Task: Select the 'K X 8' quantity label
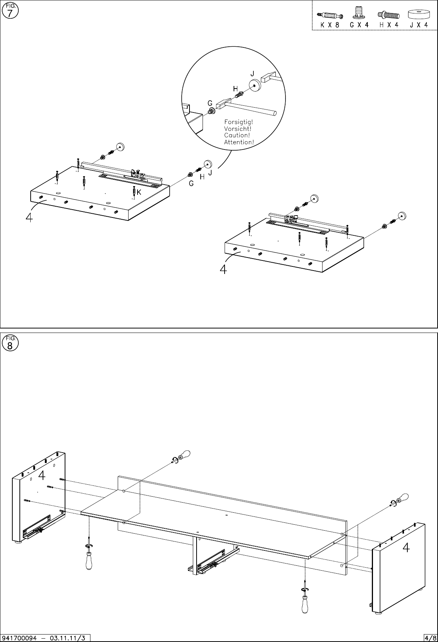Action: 330,25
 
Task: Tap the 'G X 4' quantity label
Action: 359,25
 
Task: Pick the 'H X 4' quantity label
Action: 389,25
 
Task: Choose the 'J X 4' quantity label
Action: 418,25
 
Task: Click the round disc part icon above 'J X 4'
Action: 418,15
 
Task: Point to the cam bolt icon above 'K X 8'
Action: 330,15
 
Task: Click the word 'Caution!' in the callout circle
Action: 237,135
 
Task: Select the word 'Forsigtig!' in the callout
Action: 238,122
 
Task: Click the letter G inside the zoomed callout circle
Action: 210,103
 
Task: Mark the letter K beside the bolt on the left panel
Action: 139,192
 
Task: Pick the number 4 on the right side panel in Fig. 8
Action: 406,547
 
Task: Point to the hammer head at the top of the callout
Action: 269,77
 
